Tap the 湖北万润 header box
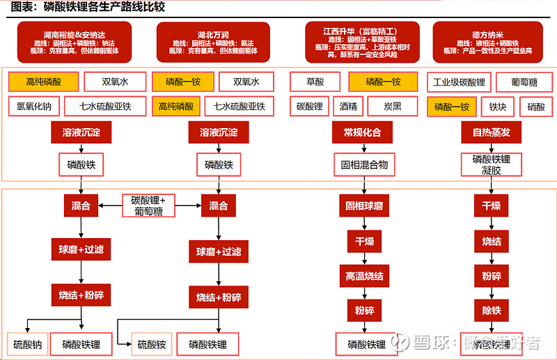213,42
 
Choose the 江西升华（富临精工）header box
360,42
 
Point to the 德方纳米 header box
487,42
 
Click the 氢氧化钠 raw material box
33,107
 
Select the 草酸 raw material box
315,82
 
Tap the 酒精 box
348,107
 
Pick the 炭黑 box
393,107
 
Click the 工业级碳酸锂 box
460,82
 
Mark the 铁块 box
497,107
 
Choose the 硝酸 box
536,107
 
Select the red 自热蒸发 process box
491,132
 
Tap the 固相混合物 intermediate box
364,166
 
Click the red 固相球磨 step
364,206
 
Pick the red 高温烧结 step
364,276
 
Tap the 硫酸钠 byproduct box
29,344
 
